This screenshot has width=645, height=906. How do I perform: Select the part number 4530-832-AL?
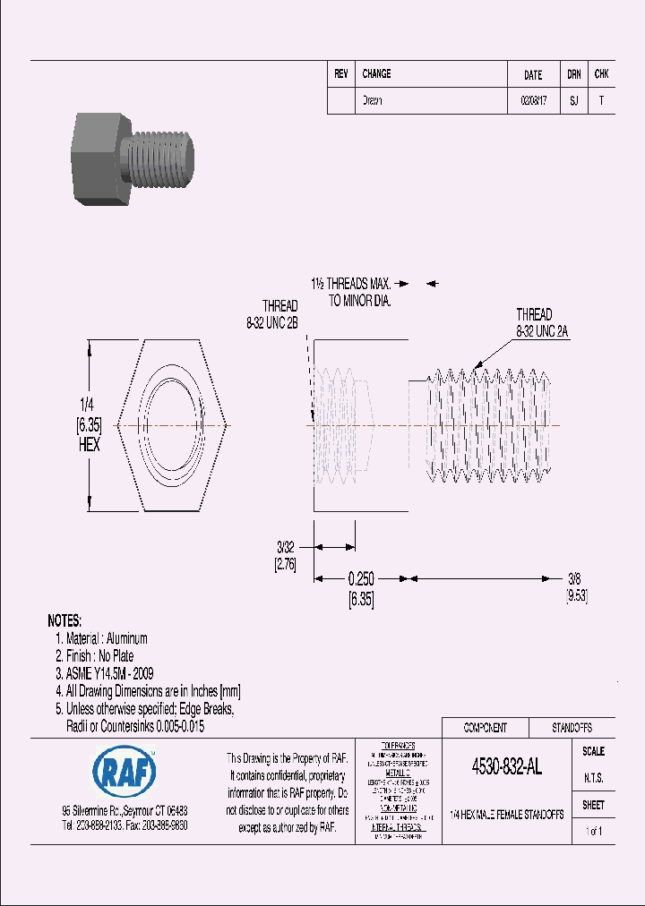506,767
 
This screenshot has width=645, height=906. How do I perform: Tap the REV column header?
341,74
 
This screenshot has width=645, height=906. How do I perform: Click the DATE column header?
533,75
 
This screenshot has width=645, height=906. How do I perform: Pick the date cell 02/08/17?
533,101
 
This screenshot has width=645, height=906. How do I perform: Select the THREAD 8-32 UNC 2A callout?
542,323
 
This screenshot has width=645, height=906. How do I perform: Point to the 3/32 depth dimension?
285,546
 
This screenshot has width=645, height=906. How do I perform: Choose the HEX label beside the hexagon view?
89,445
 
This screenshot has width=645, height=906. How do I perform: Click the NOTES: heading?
64,620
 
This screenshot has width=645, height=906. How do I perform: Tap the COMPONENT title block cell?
485,728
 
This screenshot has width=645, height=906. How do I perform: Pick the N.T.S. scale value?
593,778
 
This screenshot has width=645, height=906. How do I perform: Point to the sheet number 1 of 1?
593,832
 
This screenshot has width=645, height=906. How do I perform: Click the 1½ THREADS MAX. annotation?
352,284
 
